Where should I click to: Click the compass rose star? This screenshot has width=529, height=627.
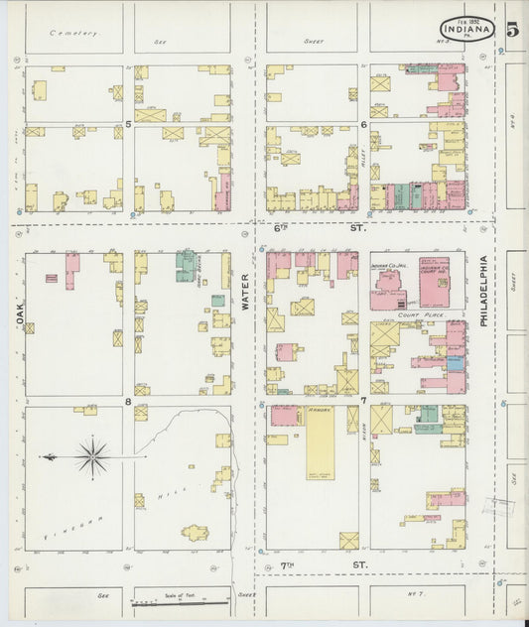point(92,457)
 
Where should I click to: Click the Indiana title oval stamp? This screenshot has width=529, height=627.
point(465,29)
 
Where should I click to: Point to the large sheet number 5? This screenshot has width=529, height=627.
point(511,29)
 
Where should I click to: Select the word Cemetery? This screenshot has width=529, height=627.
point(75,33)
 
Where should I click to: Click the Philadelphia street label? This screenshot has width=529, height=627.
point(483,292)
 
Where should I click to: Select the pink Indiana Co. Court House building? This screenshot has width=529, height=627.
point(434,283)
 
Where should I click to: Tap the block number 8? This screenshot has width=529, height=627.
point(128,401)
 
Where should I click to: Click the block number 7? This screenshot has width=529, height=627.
point(363,401)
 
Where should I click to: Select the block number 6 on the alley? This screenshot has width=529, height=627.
point(364,124)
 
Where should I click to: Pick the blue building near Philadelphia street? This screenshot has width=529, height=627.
point(455,364)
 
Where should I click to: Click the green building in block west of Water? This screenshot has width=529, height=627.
point(186,265)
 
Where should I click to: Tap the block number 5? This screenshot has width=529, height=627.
point(128,124)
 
